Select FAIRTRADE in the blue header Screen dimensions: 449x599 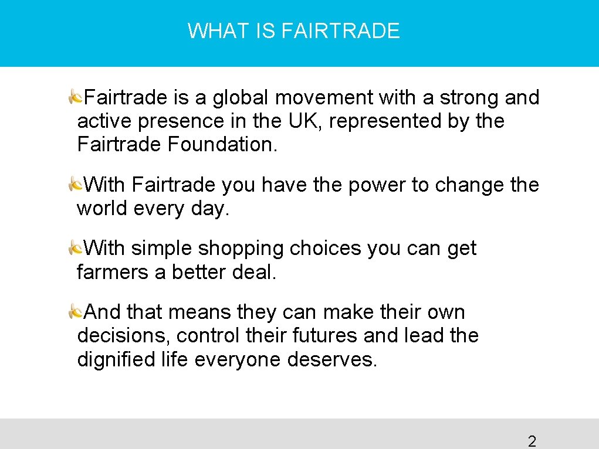tap(341, 30)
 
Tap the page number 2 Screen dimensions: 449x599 tap(532, 441)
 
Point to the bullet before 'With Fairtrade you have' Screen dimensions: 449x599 tap(75, 185)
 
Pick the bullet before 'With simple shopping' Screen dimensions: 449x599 tap(75, 248)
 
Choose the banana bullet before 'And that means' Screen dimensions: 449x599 tap(75, 311)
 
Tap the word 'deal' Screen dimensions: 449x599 tap(253, 272)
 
